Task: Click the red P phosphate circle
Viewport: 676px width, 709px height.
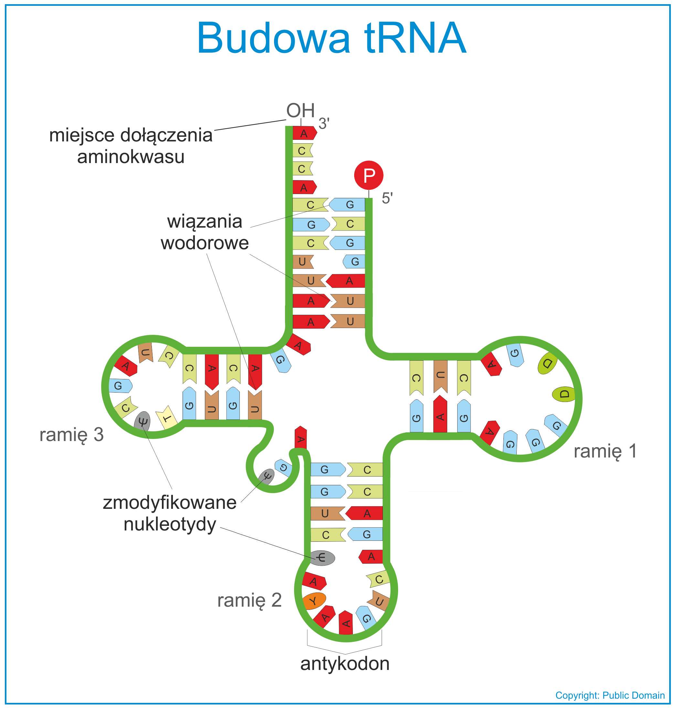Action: point(369,175)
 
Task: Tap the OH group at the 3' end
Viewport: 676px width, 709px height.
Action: point(301,110)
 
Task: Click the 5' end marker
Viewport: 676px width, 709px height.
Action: point(387,199)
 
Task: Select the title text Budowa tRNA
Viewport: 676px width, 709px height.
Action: point(332,38)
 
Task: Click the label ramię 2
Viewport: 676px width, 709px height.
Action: point(249,600)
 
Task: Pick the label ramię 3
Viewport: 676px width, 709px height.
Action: point(71,435)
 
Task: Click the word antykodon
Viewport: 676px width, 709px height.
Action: point(345,663)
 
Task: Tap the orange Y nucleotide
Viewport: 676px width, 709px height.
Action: point(314,601)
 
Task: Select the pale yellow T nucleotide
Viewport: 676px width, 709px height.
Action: point(166,418)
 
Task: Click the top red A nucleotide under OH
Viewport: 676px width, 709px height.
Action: point(304,133)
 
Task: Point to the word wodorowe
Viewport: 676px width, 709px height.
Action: point(205,243)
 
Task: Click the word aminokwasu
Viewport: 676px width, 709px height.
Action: point(131,157)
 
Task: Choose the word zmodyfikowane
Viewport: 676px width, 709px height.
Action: point(170,503)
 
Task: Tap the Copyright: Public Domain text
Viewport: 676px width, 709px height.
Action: point(610,695)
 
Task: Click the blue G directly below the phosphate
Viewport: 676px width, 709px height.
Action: point(347,204)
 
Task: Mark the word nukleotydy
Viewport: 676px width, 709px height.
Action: point(170,525)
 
